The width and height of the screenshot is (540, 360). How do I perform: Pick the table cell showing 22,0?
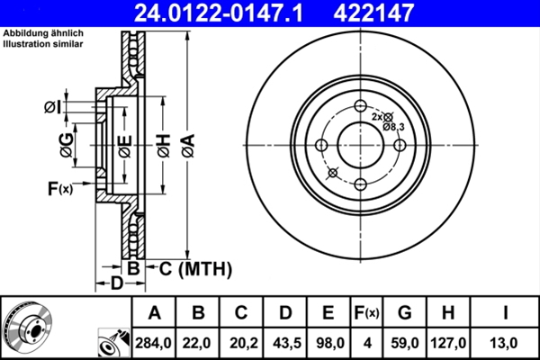[x=199, y=342]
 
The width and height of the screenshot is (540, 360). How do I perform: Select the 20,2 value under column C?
[x=242, y=342]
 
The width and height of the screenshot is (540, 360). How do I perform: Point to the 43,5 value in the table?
[x=285, y=342]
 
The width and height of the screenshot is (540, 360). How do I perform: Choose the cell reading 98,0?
[x=328, y=342]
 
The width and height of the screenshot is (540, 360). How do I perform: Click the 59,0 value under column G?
[x=405, y=342]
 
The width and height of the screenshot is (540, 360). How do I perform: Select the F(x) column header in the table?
[x=365, y=313]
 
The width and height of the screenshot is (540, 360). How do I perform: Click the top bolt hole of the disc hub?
[x=360, y=105]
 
